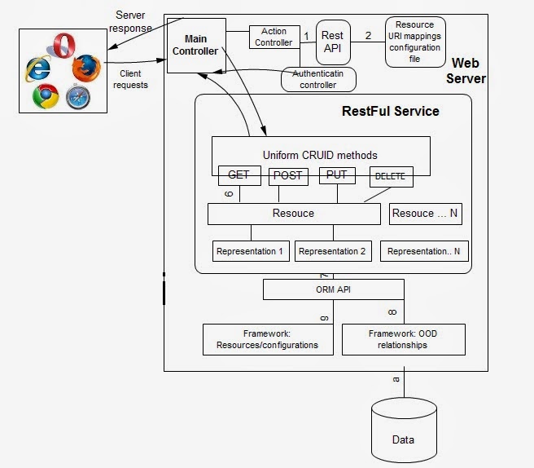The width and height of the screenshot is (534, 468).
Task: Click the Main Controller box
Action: coord(195,45)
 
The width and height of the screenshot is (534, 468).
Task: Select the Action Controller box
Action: coord(274,38)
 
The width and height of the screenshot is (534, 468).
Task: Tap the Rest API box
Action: coord(332,42)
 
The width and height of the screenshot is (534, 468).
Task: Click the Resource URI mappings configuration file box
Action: coord(415,42)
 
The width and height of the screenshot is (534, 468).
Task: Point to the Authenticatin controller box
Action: coord(319,79)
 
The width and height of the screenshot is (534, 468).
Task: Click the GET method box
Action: coord(239,175)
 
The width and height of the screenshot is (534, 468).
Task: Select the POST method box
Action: coord(287,175)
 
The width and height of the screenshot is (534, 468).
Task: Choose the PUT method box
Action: coord(335,175)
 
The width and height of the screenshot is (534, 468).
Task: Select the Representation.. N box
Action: coord(424,251)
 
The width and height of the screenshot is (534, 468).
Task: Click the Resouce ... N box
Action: coord(425,214)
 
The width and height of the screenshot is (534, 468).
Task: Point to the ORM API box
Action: coord(333,289)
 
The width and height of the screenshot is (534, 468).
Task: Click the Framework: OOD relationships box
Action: coord(404,339)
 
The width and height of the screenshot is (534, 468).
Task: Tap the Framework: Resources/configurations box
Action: coord(269,339)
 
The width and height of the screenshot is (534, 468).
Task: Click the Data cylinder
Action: coord(403,432)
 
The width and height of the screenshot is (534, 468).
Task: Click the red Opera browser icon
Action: coord(62,44)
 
